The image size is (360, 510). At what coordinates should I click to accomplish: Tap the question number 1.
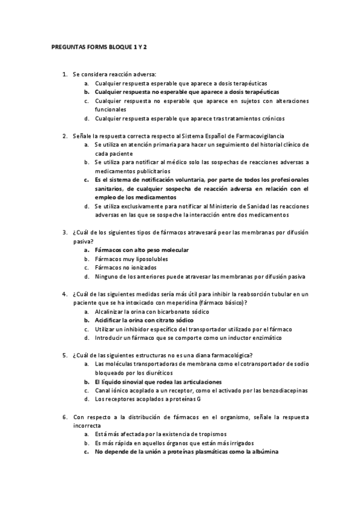coord(65,74)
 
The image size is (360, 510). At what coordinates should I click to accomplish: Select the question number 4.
coord(65,294)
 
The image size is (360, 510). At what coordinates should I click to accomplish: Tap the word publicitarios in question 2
coord(145,171)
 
